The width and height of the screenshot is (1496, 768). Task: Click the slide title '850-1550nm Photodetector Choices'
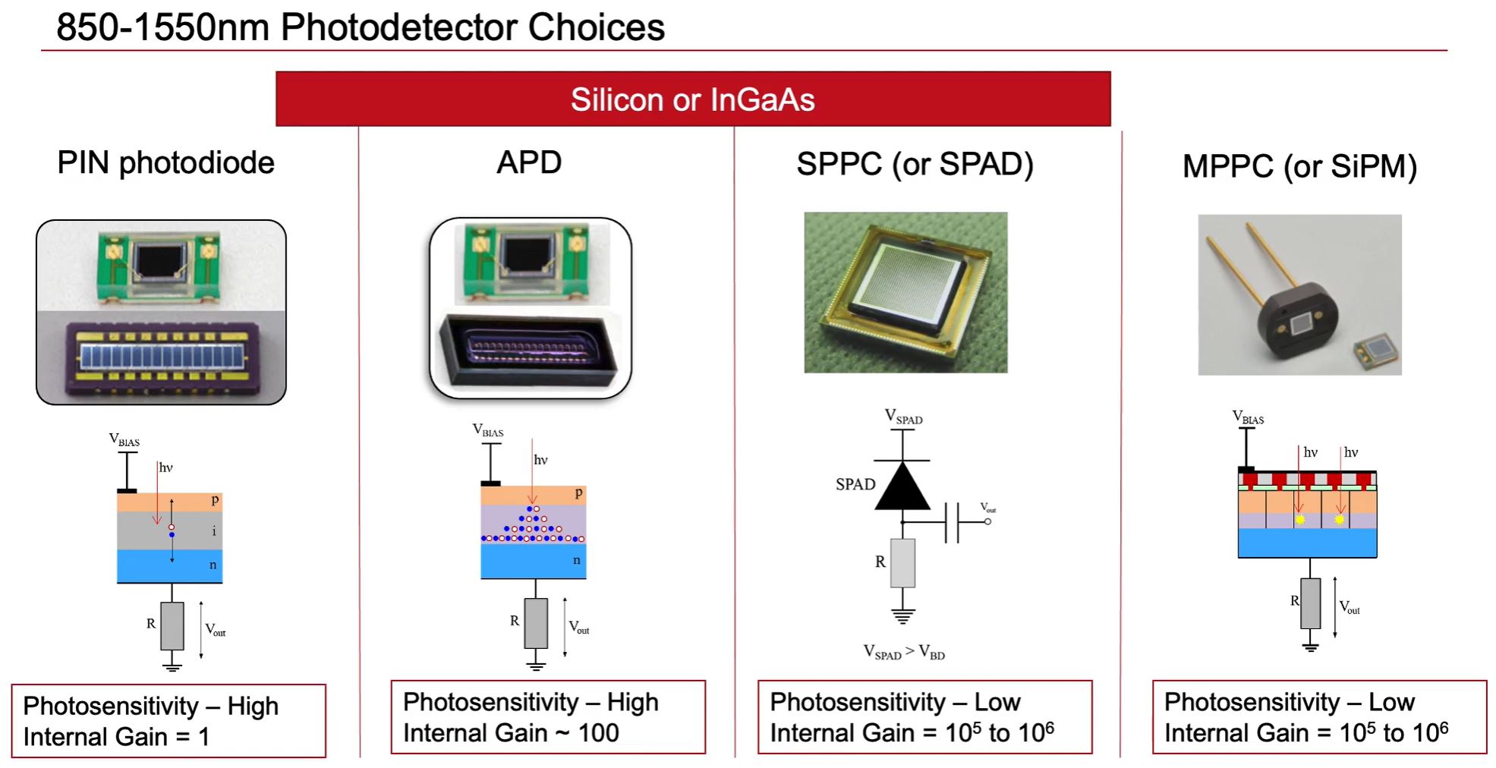coord(360,27)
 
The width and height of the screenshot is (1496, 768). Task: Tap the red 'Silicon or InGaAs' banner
coord(692,99)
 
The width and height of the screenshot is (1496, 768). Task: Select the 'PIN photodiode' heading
coord(165,162)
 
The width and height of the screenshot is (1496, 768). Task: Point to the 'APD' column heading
coord(529,162)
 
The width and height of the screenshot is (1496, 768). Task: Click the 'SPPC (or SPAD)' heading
coord(915,164)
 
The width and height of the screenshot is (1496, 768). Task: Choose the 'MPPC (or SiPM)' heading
coord(1299,166)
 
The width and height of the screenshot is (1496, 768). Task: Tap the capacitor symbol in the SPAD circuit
coord(953,522)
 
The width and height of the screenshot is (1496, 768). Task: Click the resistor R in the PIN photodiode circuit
coord(172,625)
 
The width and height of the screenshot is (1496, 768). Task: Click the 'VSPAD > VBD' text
coord(904,652)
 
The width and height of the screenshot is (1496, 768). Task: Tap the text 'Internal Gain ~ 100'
coord(511,733)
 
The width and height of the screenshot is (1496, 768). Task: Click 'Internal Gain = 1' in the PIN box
coord(116,736)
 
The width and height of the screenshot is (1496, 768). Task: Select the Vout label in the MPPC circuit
coord(1350,607)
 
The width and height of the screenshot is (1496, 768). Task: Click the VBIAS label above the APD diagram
coord(488,430)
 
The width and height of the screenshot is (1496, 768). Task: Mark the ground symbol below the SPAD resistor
coord(902,615)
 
